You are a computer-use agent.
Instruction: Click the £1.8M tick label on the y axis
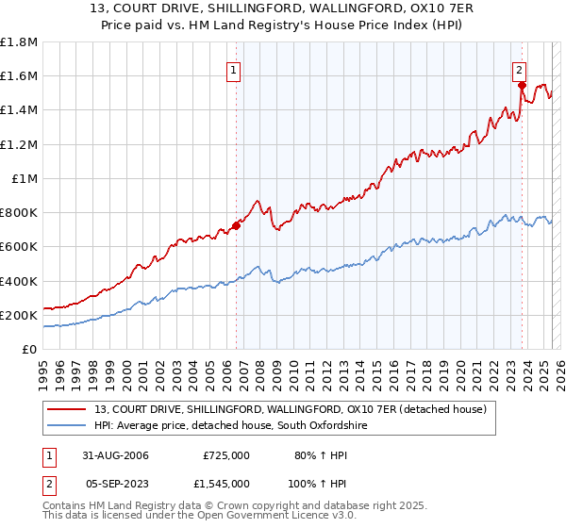click(x=19, y=42)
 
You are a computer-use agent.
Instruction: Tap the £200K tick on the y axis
click(x=19, y=315)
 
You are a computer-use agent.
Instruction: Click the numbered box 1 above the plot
click(x=233, y=69)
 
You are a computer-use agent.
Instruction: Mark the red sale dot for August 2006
click(x=237, y=225)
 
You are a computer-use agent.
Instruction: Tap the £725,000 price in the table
click(x=226, y=455)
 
